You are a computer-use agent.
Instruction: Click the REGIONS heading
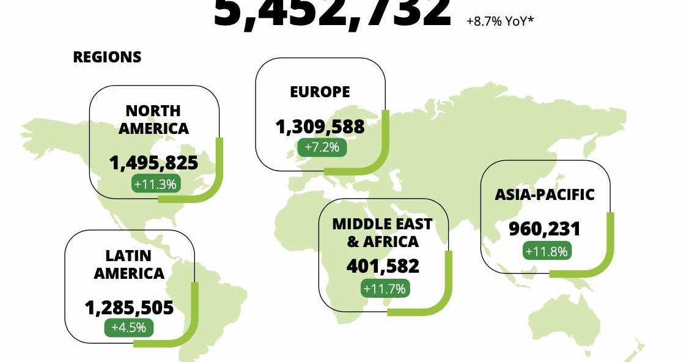pos(107,57)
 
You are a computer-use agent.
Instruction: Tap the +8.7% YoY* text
pos(500,21)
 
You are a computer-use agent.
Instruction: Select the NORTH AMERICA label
pos(153,119)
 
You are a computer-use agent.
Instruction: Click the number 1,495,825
pos(153,163)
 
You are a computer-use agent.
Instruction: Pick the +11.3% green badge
pos(156,183)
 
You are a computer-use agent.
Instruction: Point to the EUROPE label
pos(320,92)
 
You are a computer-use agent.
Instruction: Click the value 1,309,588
pos(320,127)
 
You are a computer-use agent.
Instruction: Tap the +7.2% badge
pos(322,147)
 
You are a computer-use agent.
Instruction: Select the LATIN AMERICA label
pos(129,264)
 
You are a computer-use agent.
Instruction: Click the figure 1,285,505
pos(129,307)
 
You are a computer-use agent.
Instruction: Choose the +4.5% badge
pos(128,327)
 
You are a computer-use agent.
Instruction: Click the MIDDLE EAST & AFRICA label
pos(382,232)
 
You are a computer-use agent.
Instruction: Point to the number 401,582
pos(383,266)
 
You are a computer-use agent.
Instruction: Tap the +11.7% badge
pos(385,288)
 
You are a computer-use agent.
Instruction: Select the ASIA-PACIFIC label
pos(544,194)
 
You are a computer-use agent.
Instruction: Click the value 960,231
pos(544,229)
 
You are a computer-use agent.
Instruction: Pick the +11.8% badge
pos(547,250)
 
